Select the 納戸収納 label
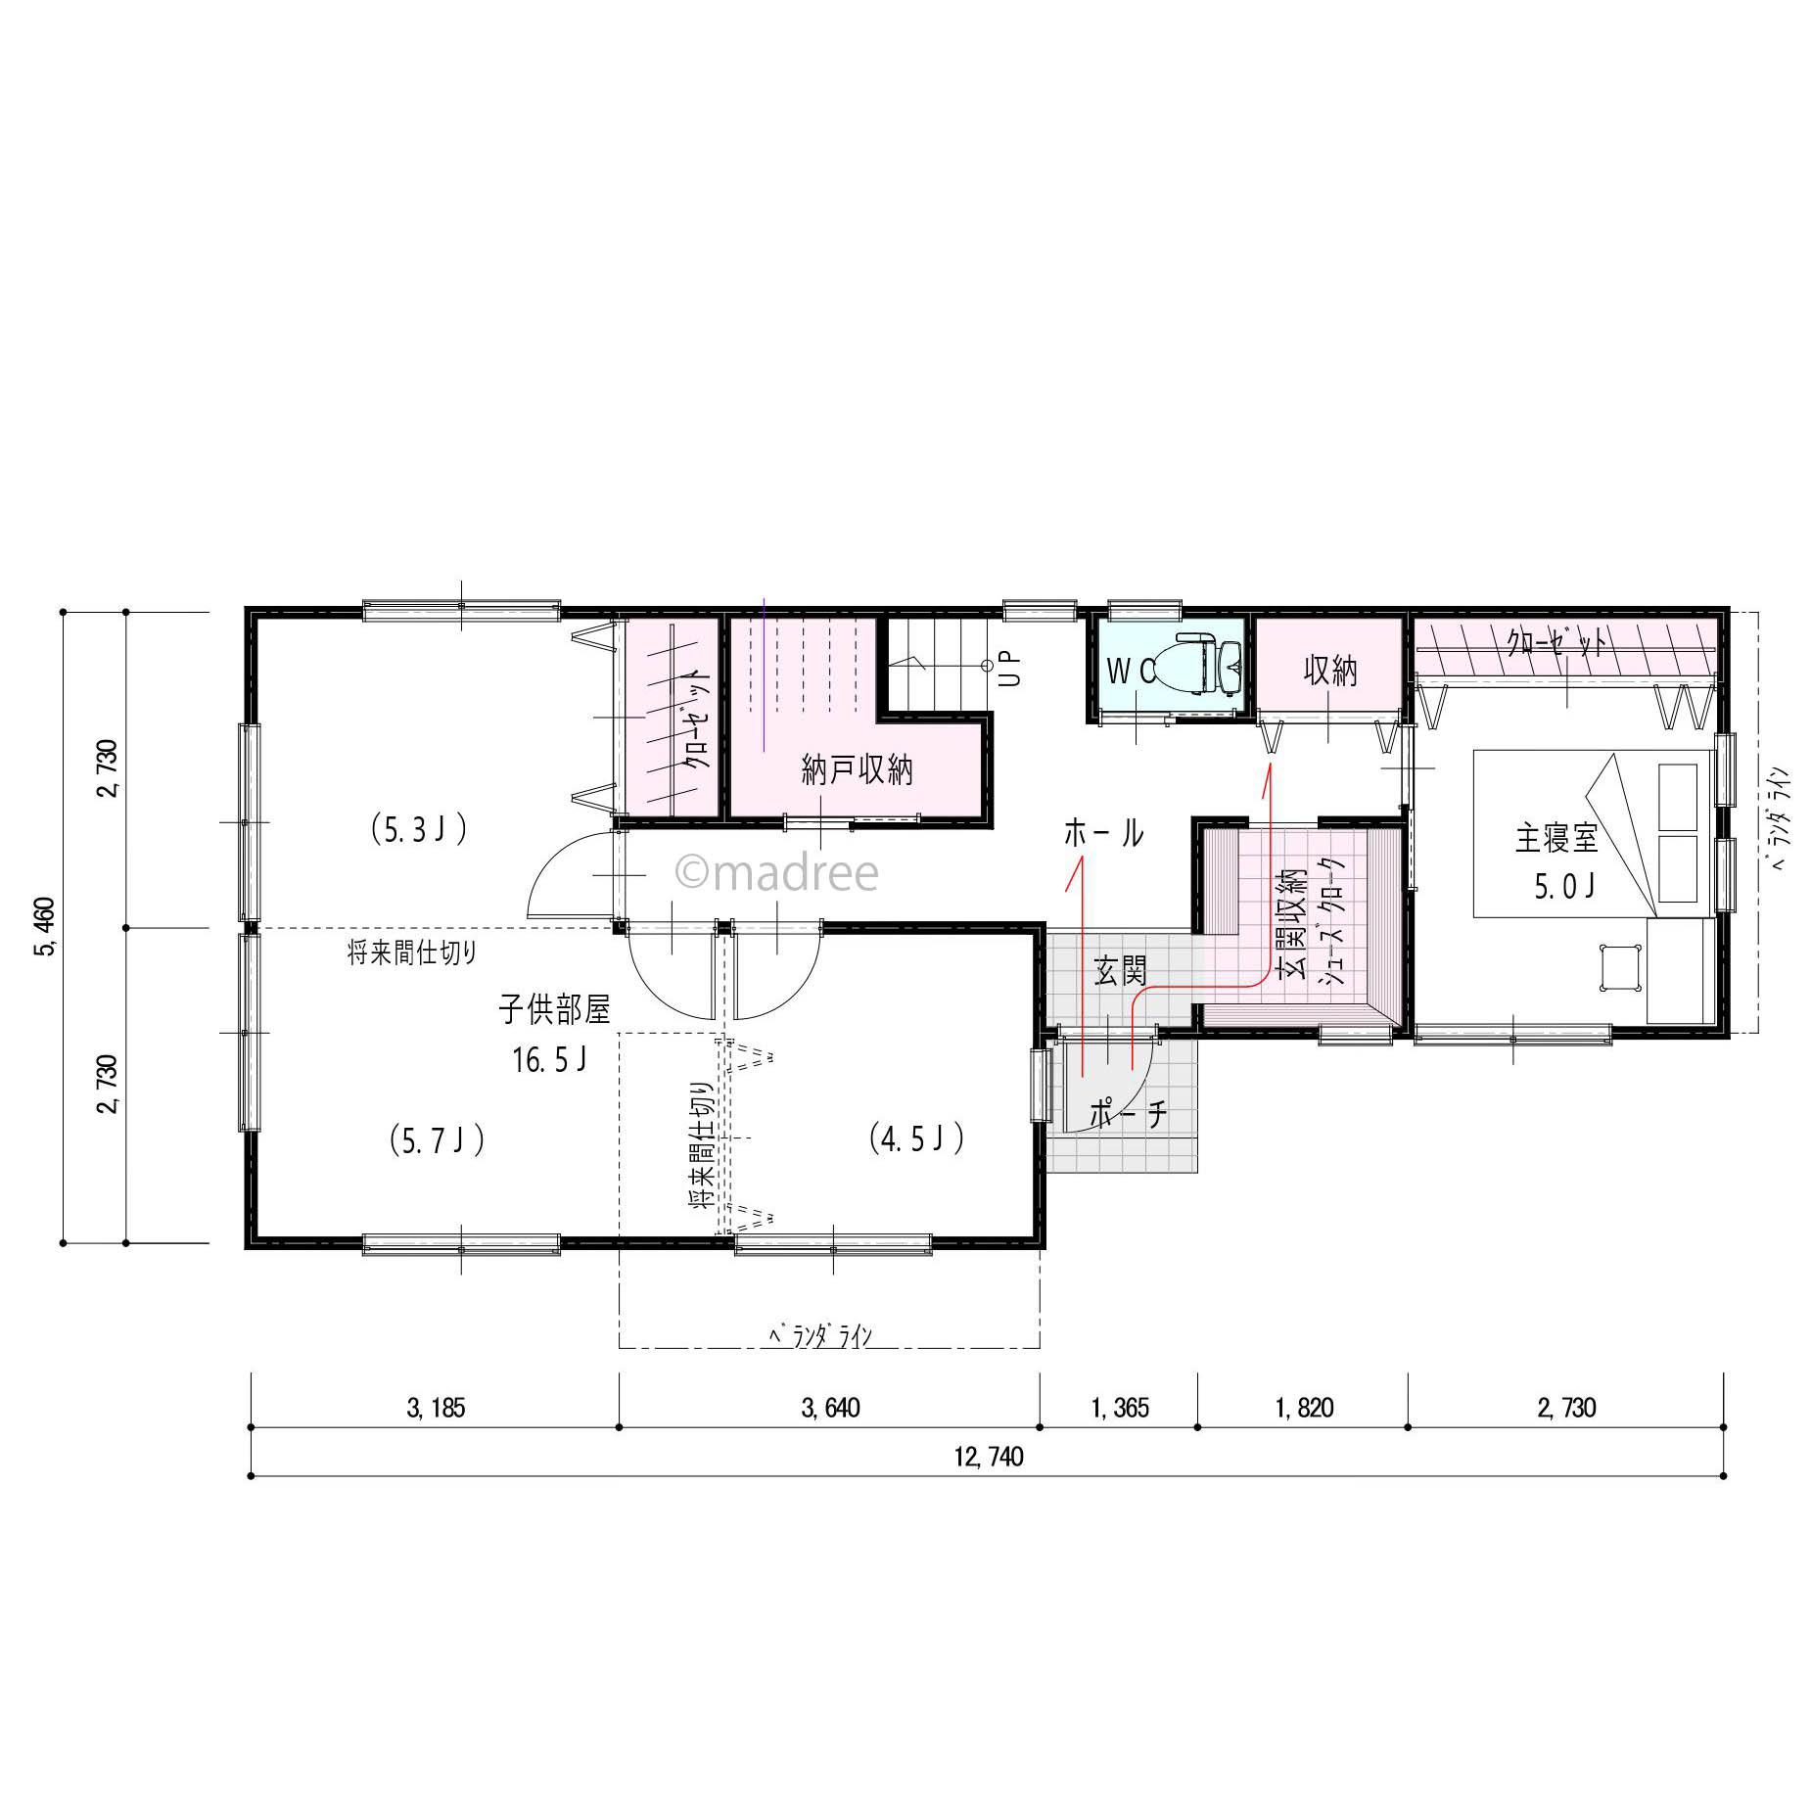[857, 770]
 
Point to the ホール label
[1103, 833]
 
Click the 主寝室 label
[1556, 838]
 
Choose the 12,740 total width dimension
[989, 1457]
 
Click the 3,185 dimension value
[436, 1408]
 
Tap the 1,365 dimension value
[1120, 1408]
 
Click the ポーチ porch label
[1128, 1114]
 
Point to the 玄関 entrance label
[1120, 971]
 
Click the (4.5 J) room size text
[917, 1138]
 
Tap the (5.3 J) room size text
[419, 830]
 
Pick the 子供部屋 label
[554, 1009]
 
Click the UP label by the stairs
[1011, 669]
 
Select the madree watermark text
[777, 872]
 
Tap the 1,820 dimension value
[1304, 1408]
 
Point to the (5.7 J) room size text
[437, 1140]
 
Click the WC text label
[1132, 671]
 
